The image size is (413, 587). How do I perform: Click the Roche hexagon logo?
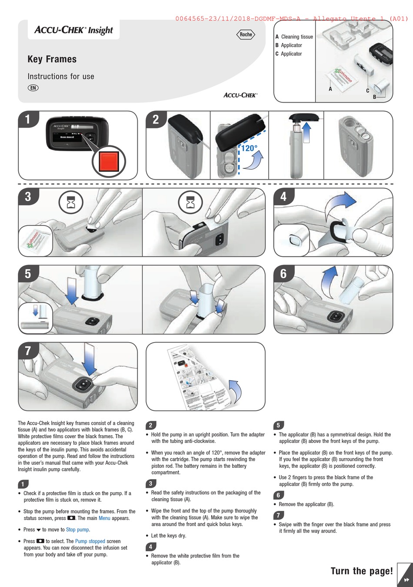tap(246, 34)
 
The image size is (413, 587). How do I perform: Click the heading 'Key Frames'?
tap(52, 59)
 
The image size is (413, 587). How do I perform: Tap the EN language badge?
tap(33, 87)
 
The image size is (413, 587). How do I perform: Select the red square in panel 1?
tap(109, 161)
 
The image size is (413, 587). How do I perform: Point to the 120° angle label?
tap(249, 148)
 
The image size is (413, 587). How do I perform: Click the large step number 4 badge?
tap(283, 197)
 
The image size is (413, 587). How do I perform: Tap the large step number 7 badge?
tap(28, 351)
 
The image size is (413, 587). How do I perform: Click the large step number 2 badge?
tap(156, 120)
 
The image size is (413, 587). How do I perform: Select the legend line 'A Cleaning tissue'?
tap(294, 37)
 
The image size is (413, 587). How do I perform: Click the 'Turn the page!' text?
tap(362, 571)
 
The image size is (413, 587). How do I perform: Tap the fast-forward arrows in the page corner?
tap(406, 579)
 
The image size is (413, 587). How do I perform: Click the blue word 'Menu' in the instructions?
tap(104, 518)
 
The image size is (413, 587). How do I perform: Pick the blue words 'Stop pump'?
tap(77, 530)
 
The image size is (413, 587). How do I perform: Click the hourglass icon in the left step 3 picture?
tap(71, 202)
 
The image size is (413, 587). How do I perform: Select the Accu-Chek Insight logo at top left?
tap(73, 30)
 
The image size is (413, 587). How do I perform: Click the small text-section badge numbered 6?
tap(278, 495)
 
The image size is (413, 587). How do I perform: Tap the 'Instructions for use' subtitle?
tap(61, 77)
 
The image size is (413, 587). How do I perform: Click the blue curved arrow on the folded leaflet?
tap(236, 391)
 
